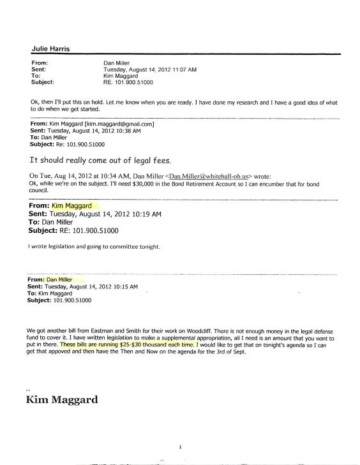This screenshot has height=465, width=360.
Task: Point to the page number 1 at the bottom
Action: point(182,448)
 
